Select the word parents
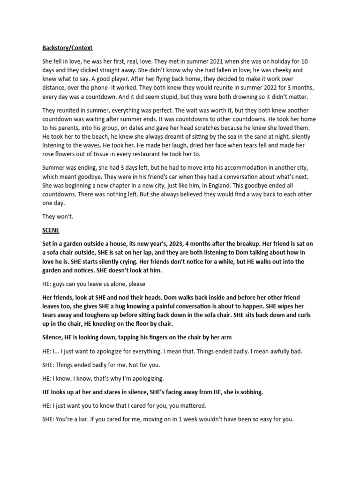tap(81, 128)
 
